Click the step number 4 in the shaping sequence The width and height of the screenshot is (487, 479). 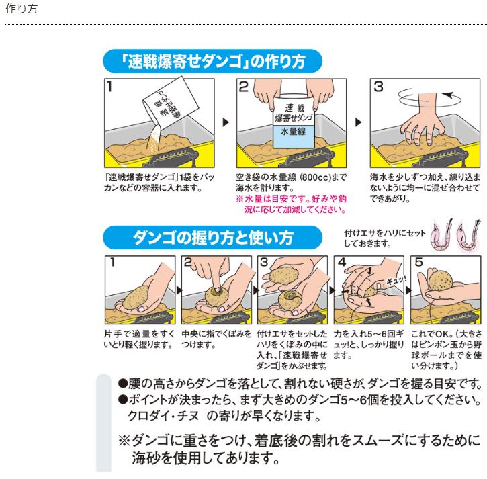(x=342, y=263)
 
